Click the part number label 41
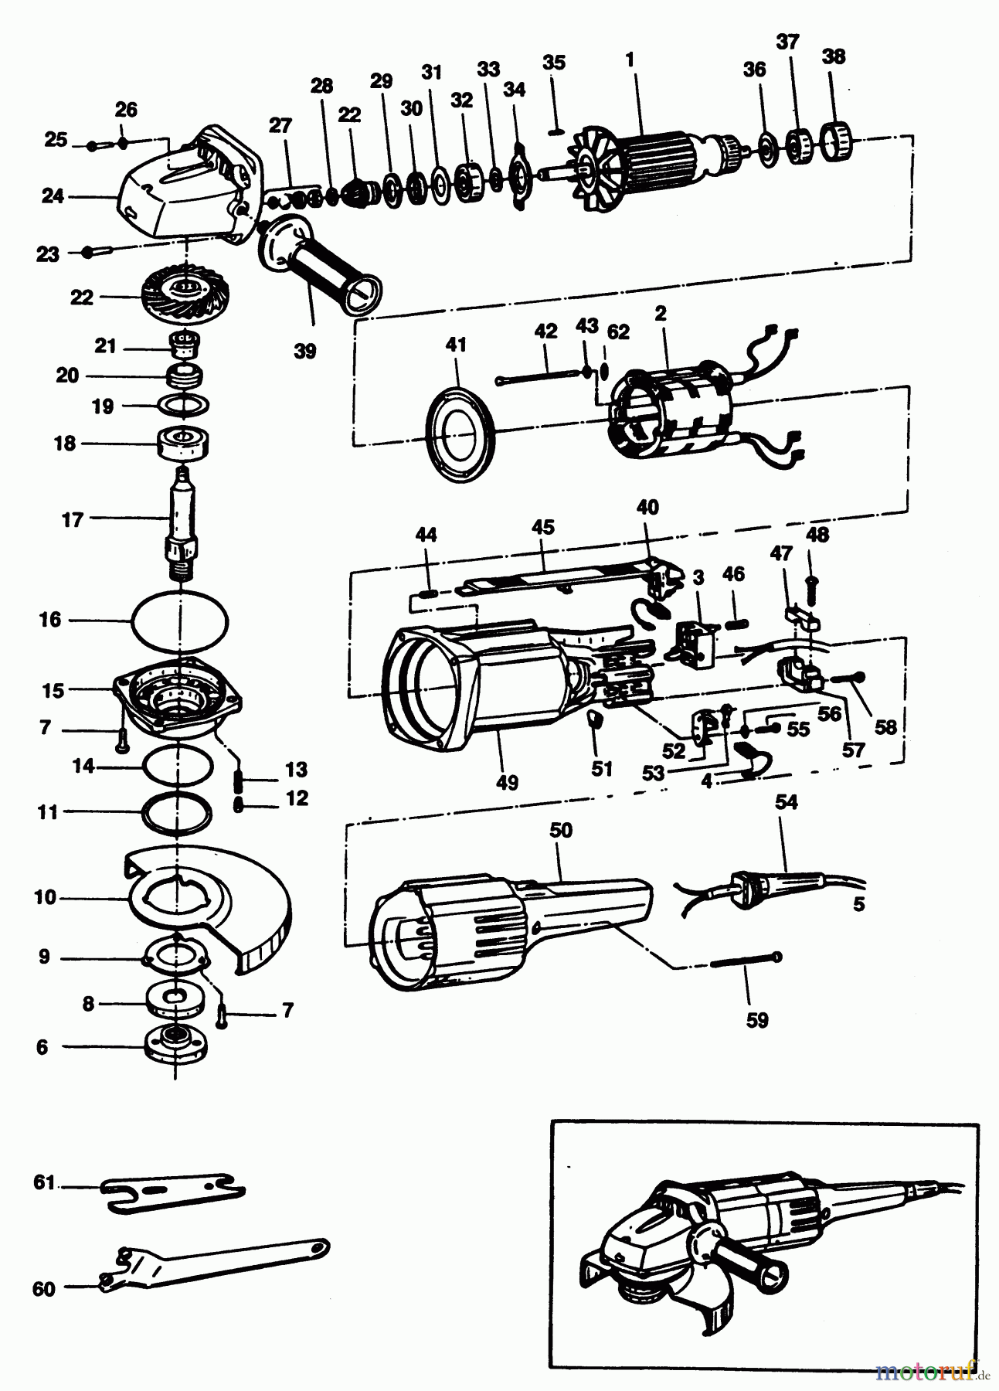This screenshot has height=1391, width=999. click(456, 344)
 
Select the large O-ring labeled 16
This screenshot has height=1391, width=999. click(181, 620)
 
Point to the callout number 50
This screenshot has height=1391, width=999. click(561, 830)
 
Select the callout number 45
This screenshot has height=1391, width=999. click(543, 527)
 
